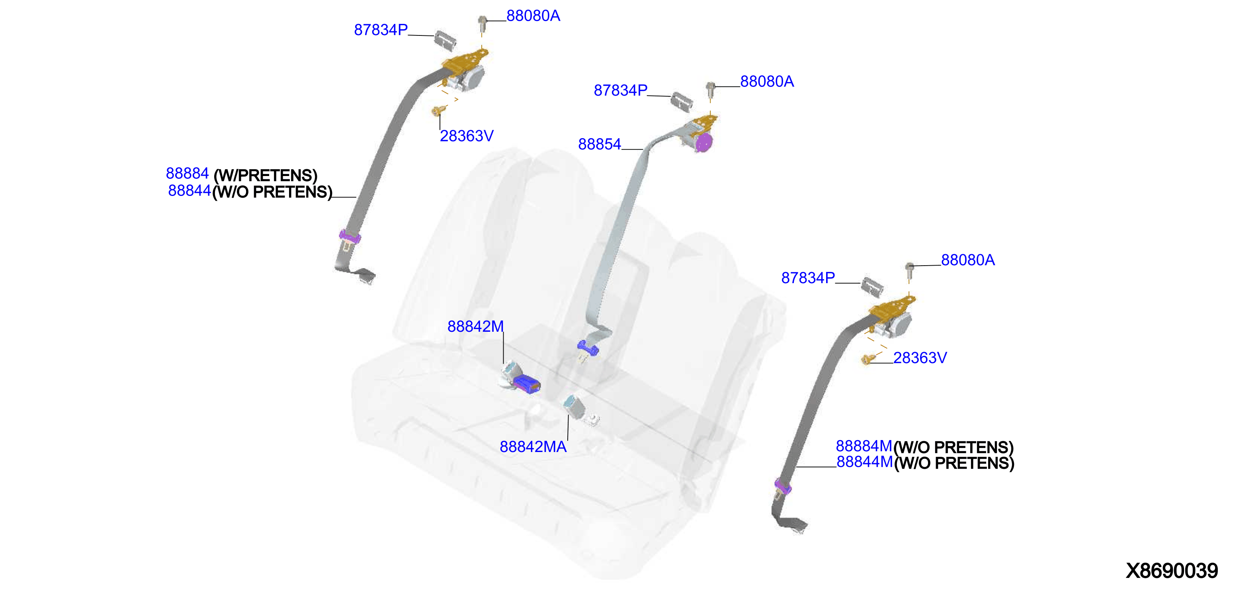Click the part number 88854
[599, 144]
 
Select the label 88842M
[475, 327]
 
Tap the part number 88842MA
[533, 447]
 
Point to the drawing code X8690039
[1171, 571]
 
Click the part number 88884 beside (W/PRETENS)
[187, 173]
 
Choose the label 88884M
[864, 446]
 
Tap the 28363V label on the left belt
[467, 136]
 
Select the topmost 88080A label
[533, 16]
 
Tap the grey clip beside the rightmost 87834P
[872, 286]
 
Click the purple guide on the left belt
[350, 236]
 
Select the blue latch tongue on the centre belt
[588, 348]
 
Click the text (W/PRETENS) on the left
[266, 176]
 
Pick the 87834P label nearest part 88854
[620, 90]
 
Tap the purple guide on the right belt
[783, 487]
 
